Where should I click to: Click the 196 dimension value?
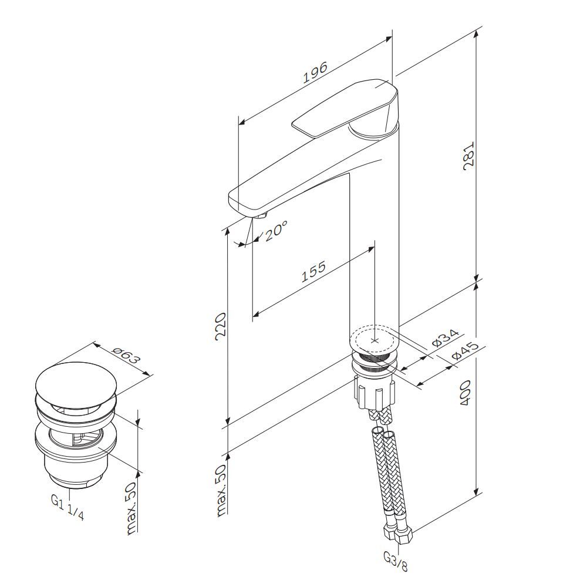coord(315,72)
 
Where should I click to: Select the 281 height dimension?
coord(468,156)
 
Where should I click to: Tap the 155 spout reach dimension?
coord(313,271)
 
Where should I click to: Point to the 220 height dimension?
coord(221,326)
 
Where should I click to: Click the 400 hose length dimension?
coord(465,393)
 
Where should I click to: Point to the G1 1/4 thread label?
coord(68,507)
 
